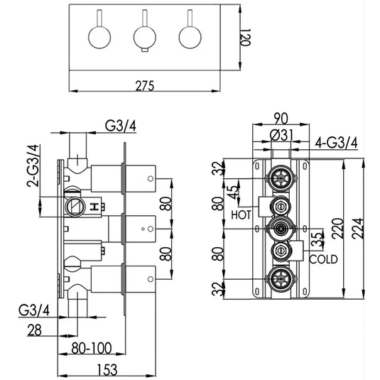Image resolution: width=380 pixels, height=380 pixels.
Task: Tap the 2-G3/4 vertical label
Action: (31, 168)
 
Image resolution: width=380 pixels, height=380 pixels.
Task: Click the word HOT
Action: (241, 214)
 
